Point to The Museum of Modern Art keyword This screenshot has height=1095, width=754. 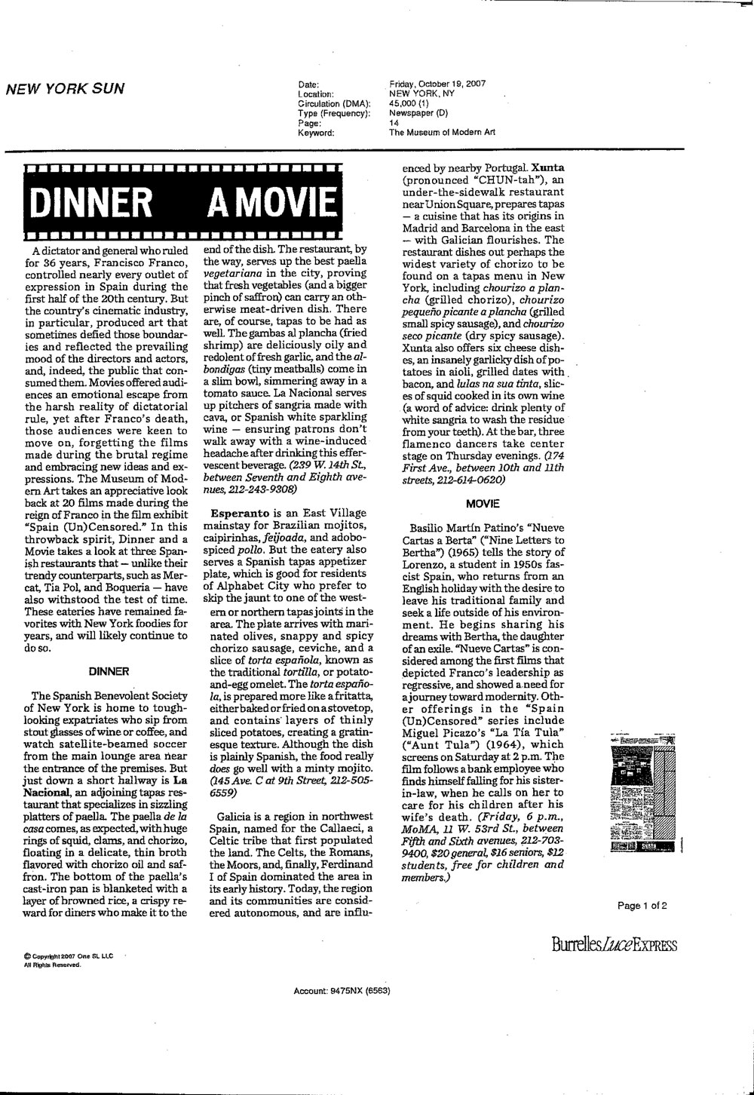click(x=442, y=132)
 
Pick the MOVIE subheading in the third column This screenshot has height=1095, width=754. click(x=483, y=503)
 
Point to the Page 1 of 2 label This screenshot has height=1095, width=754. click(x=642, y=906)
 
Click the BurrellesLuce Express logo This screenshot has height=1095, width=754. click(x=614, y=946)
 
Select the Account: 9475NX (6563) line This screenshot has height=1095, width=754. click(x=342, y=990)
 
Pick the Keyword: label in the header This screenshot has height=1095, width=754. click(x=317, y=132)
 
